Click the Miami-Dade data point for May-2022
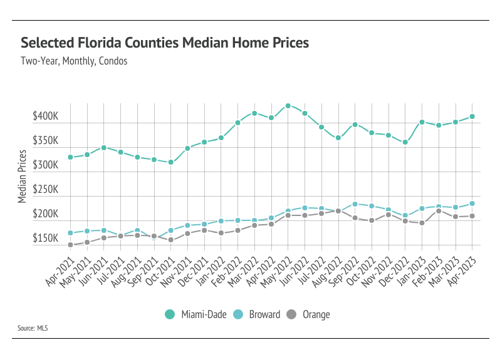pyautogui.click(x=288, y=106)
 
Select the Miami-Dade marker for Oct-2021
pyautogui.click(x=170, y=162)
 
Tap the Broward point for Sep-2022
pyautogui.click(x=355, y=204)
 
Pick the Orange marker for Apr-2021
pyautogui.click(x=70, y=245)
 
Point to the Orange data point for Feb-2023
pyautogui.click(x=439, y=211)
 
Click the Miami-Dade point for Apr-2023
pyautogui.click(x=472, y=116)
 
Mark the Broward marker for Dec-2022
pyautogui.click(x=405, y=215)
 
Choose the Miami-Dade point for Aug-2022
pyautogui.click(x=338, y=138)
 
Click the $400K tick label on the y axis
pyautogui.click(x=45, y=117)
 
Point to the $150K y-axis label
pyautogui.click(x=45, y=239)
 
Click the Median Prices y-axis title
pyautogui.click(x=22, y=176)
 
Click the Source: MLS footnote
pyautogui.click(x=33, y=327)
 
